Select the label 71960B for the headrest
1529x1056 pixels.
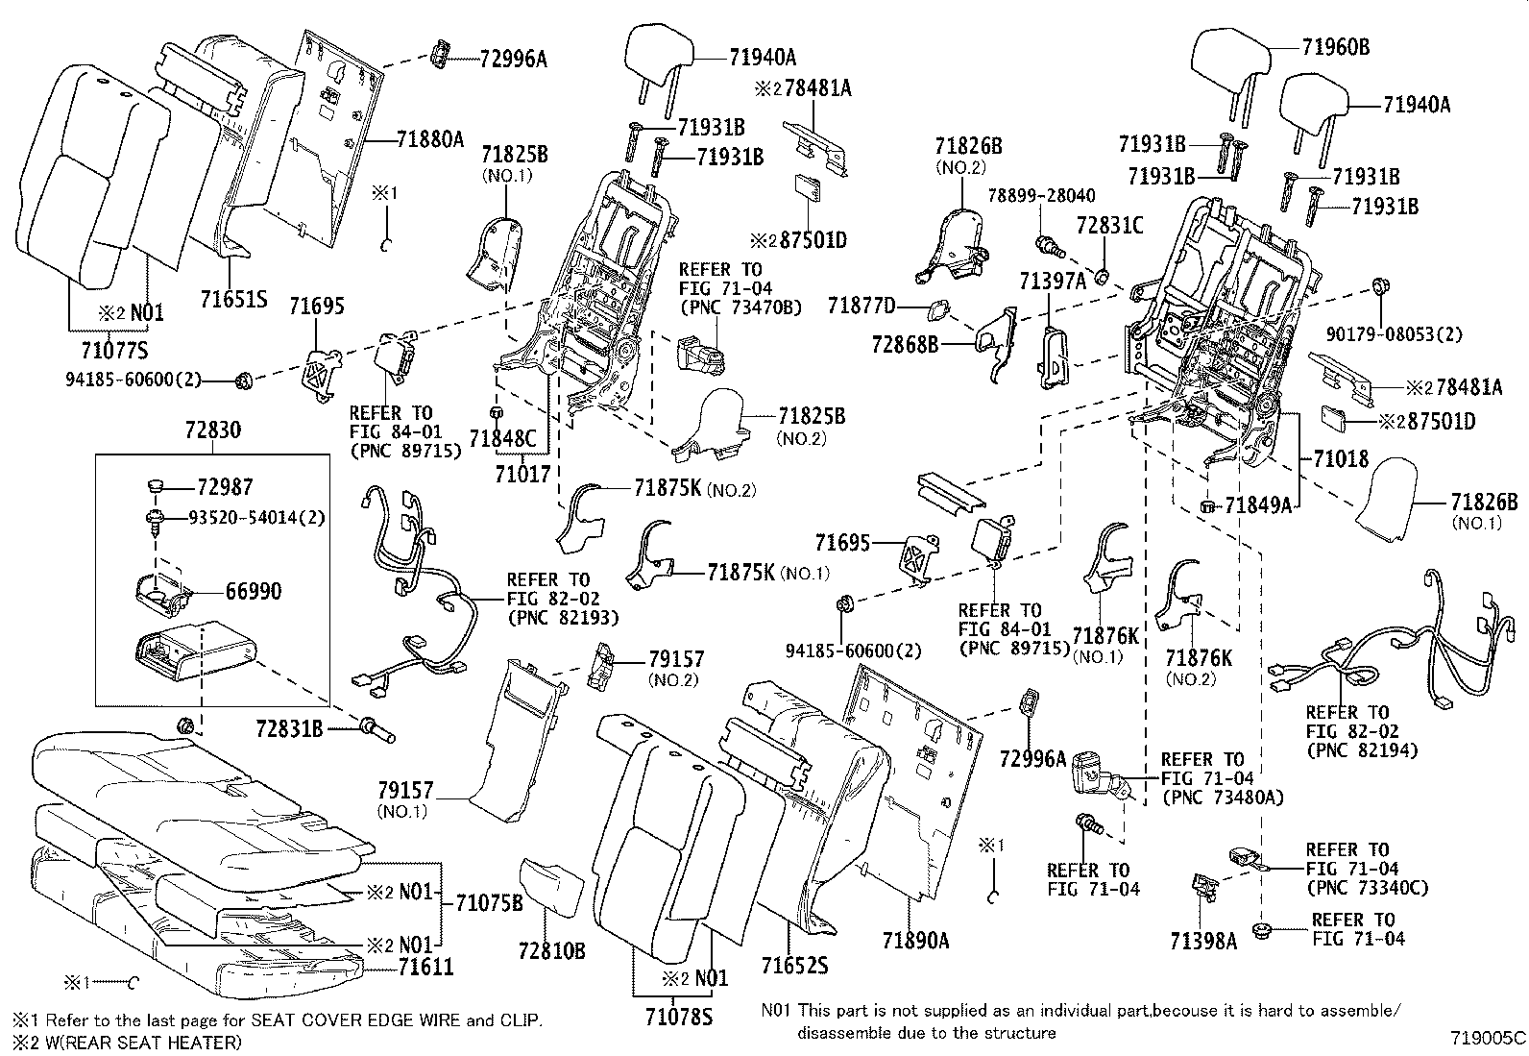coord(1336,46)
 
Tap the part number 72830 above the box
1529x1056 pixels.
coord(212,430)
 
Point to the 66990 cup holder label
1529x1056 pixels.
coord(254,592)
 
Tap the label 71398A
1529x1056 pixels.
coord(1203,940)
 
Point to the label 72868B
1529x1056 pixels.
coord(905,343)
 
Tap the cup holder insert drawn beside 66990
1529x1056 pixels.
coord(159,591)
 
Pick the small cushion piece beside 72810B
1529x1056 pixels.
coord(551,888)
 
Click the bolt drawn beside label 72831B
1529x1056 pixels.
coord(377,731)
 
